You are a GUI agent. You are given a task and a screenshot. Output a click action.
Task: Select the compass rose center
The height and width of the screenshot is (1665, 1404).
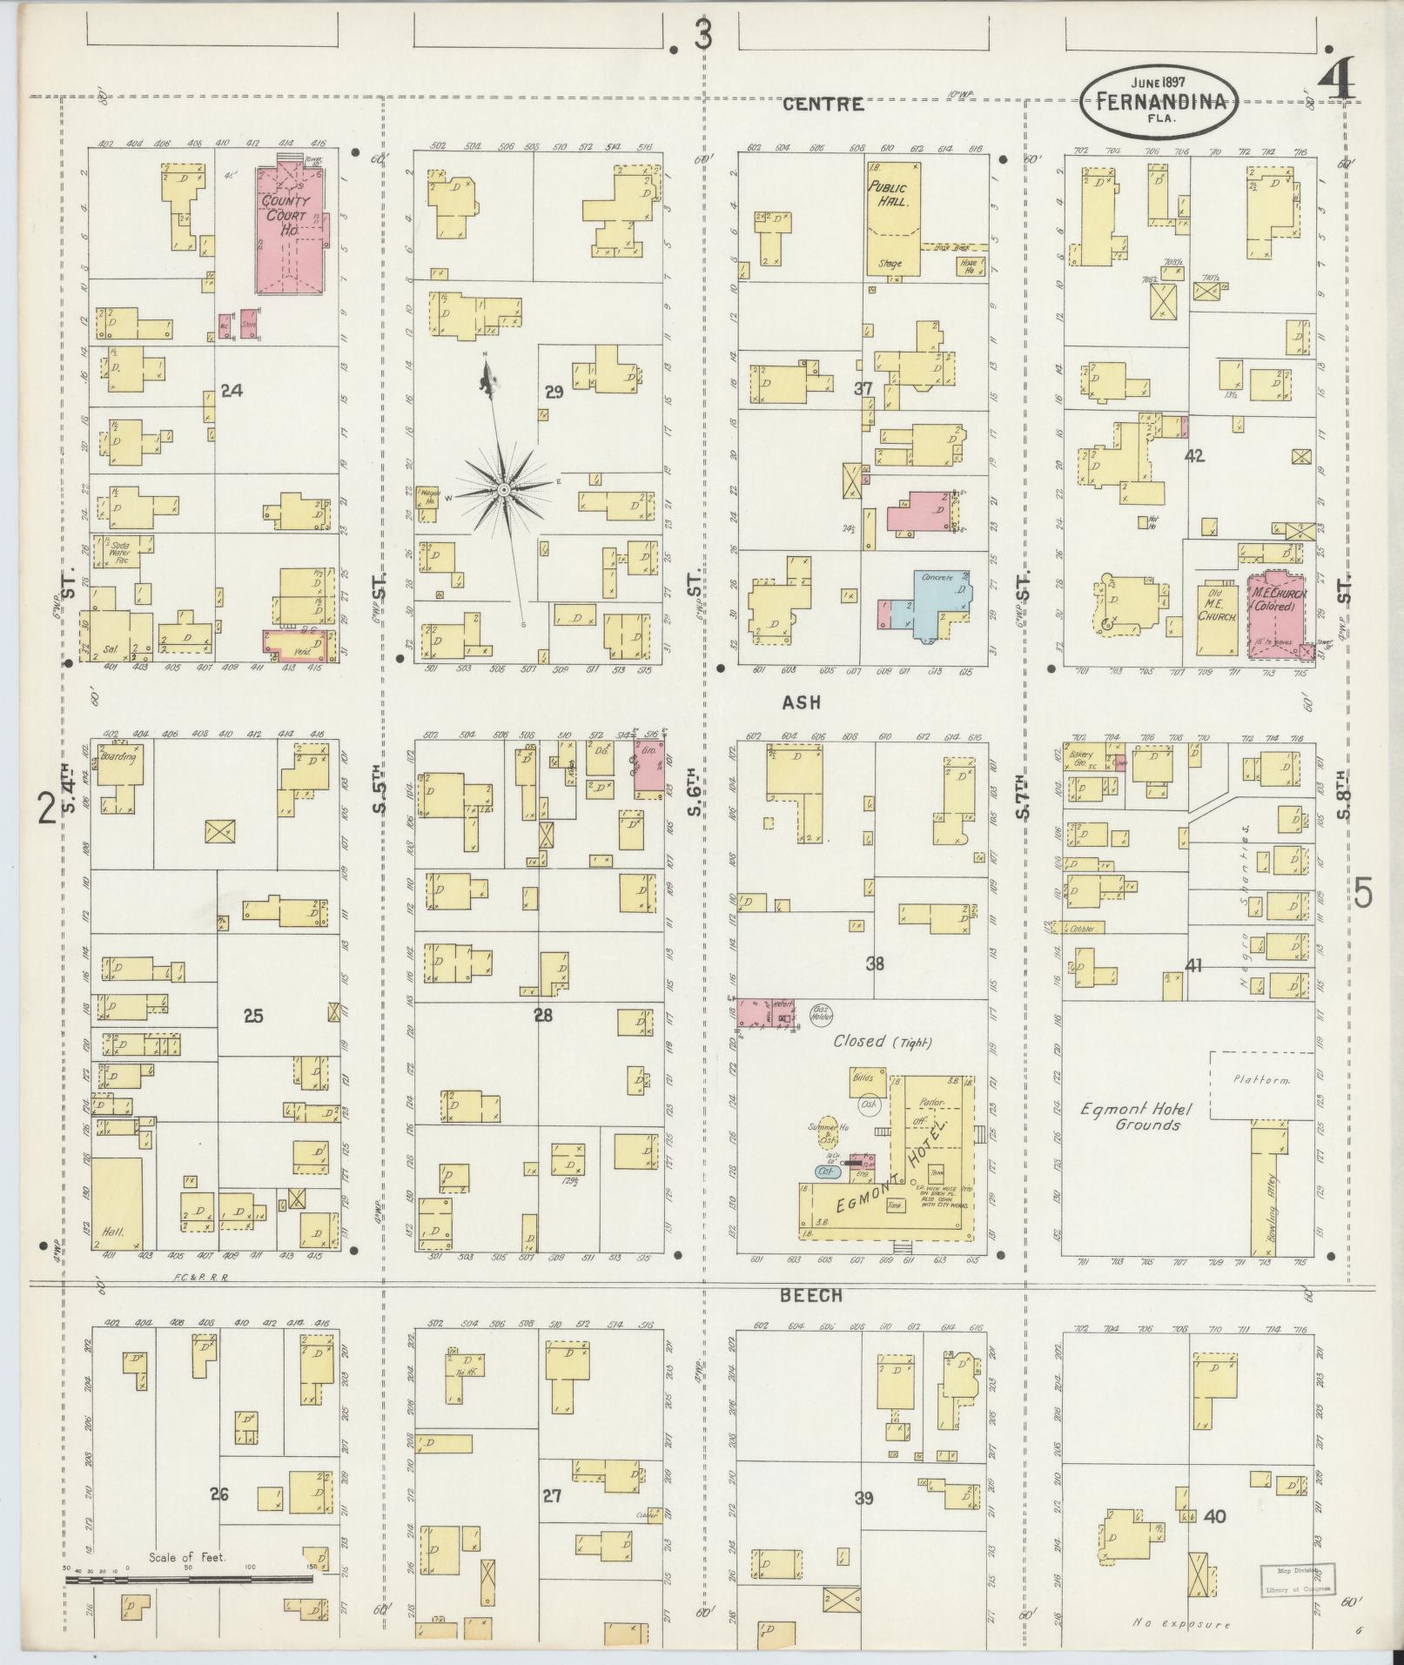pos(503,492)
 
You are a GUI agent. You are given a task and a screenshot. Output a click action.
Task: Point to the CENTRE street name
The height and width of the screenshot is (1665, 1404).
pos(823,104)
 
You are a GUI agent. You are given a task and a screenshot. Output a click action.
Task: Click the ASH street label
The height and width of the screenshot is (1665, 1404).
pos(801,702)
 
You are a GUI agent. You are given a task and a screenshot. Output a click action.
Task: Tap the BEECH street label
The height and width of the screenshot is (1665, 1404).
pos(810,1294)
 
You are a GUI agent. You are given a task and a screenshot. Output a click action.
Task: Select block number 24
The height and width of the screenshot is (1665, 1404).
pos(231,391)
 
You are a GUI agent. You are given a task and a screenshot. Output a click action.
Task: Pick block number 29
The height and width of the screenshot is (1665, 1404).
pos(554,392)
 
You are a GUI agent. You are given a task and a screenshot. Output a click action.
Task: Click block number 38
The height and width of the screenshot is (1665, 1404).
pos(875,963)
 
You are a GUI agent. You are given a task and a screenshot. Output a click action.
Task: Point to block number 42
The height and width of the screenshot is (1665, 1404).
pos(1193,454)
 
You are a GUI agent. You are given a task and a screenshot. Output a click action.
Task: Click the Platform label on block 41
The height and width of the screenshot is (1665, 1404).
pos(1260,1079)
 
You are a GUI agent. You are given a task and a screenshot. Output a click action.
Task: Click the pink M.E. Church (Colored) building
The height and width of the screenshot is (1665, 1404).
pos(1275,614)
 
